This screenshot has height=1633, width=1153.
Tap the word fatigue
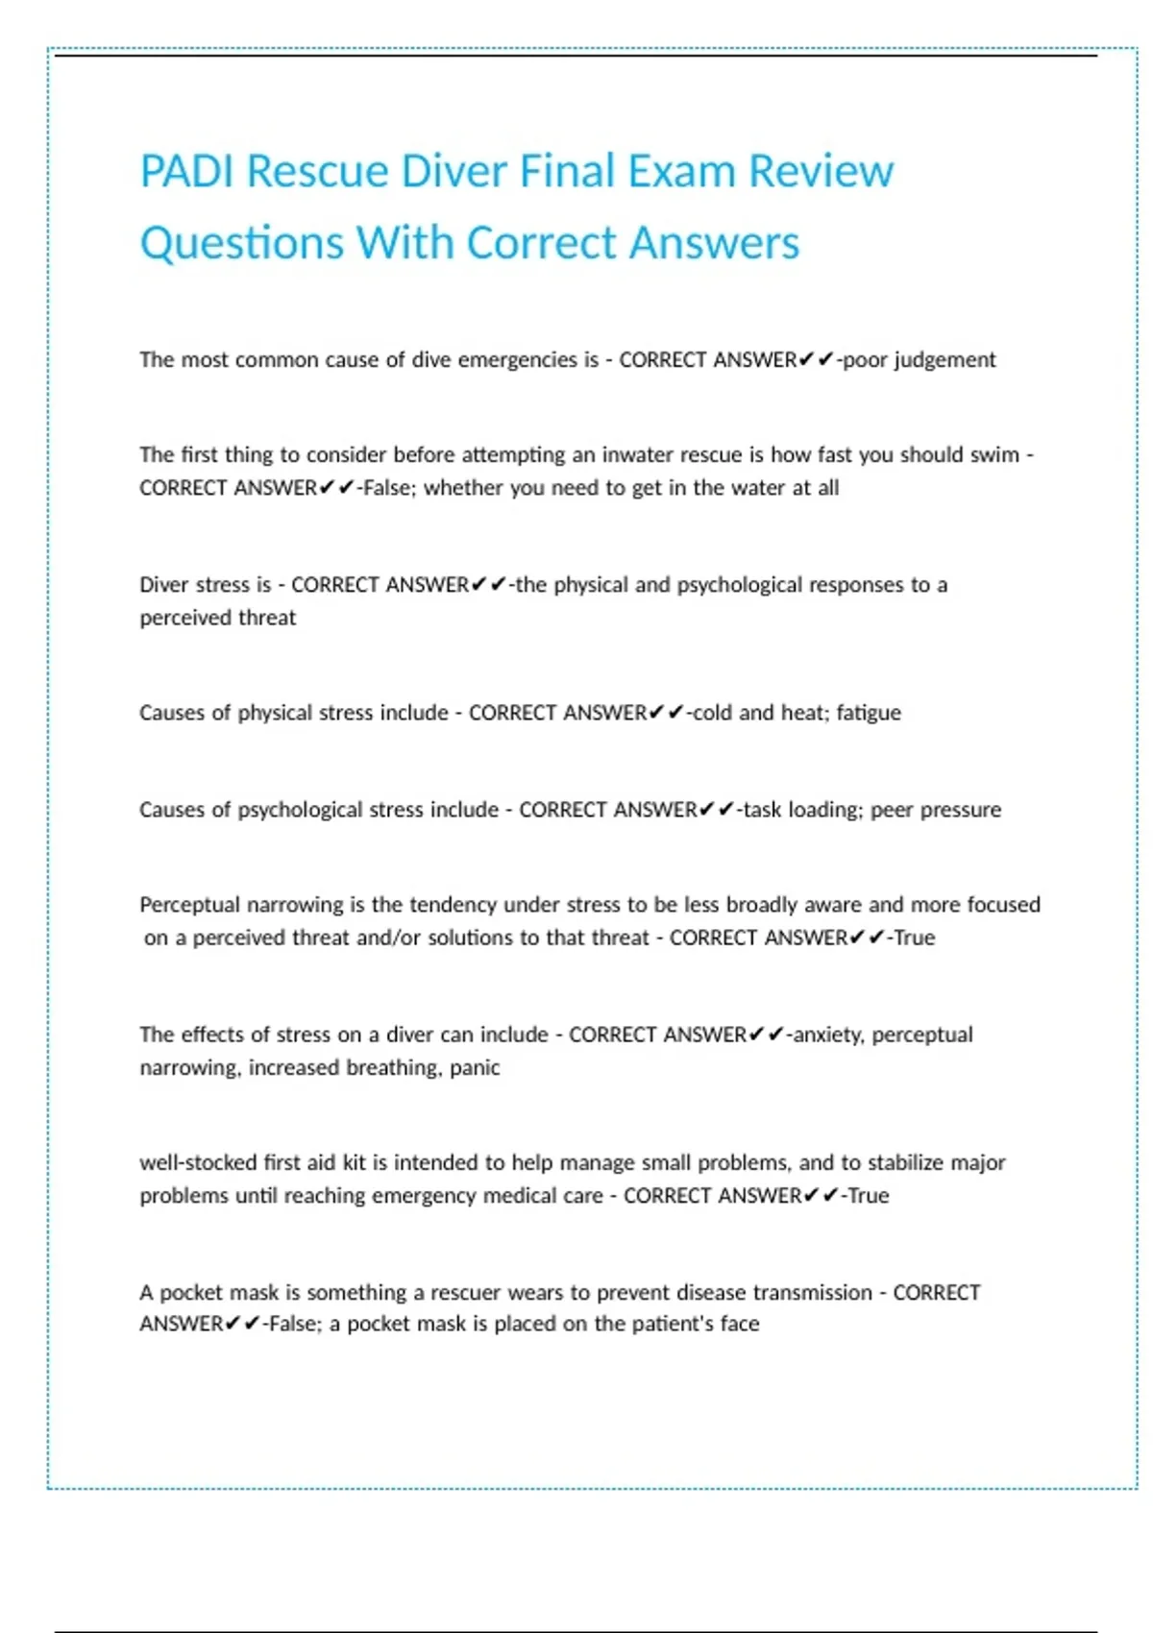click(x=869, y=713)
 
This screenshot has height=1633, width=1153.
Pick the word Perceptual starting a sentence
click(x=187, y=905)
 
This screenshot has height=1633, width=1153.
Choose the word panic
click(x=475, y=1067)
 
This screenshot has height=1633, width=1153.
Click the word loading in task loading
click(x=823, y=810)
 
